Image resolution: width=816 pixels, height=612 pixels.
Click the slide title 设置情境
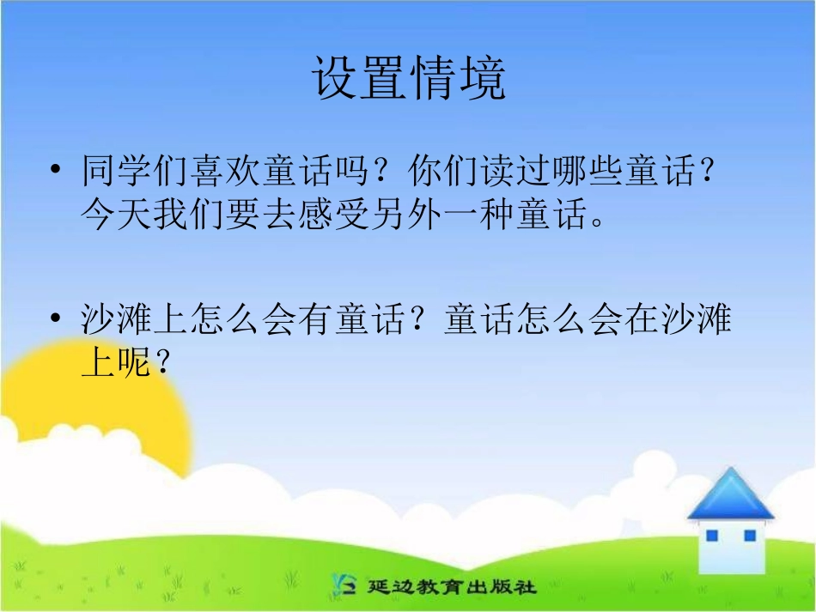pyautogui.click(x=408, y=79)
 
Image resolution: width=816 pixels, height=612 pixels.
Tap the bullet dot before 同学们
pyautogui.click(x=57, y=172)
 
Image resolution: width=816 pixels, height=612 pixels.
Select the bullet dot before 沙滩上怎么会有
pyautogui.click(x=57, y=320)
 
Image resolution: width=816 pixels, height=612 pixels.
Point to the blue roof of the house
pyautogui.click(x=731, y=494)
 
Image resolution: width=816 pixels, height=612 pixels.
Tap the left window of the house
pyautogui.click(x=711, y=536)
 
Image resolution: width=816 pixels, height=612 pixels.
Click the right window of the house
pyautogui.click(x=750, y=536)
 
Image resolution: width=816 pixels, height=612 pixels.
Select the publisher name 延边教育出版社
pyautogui.click(x=452, y=588)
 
